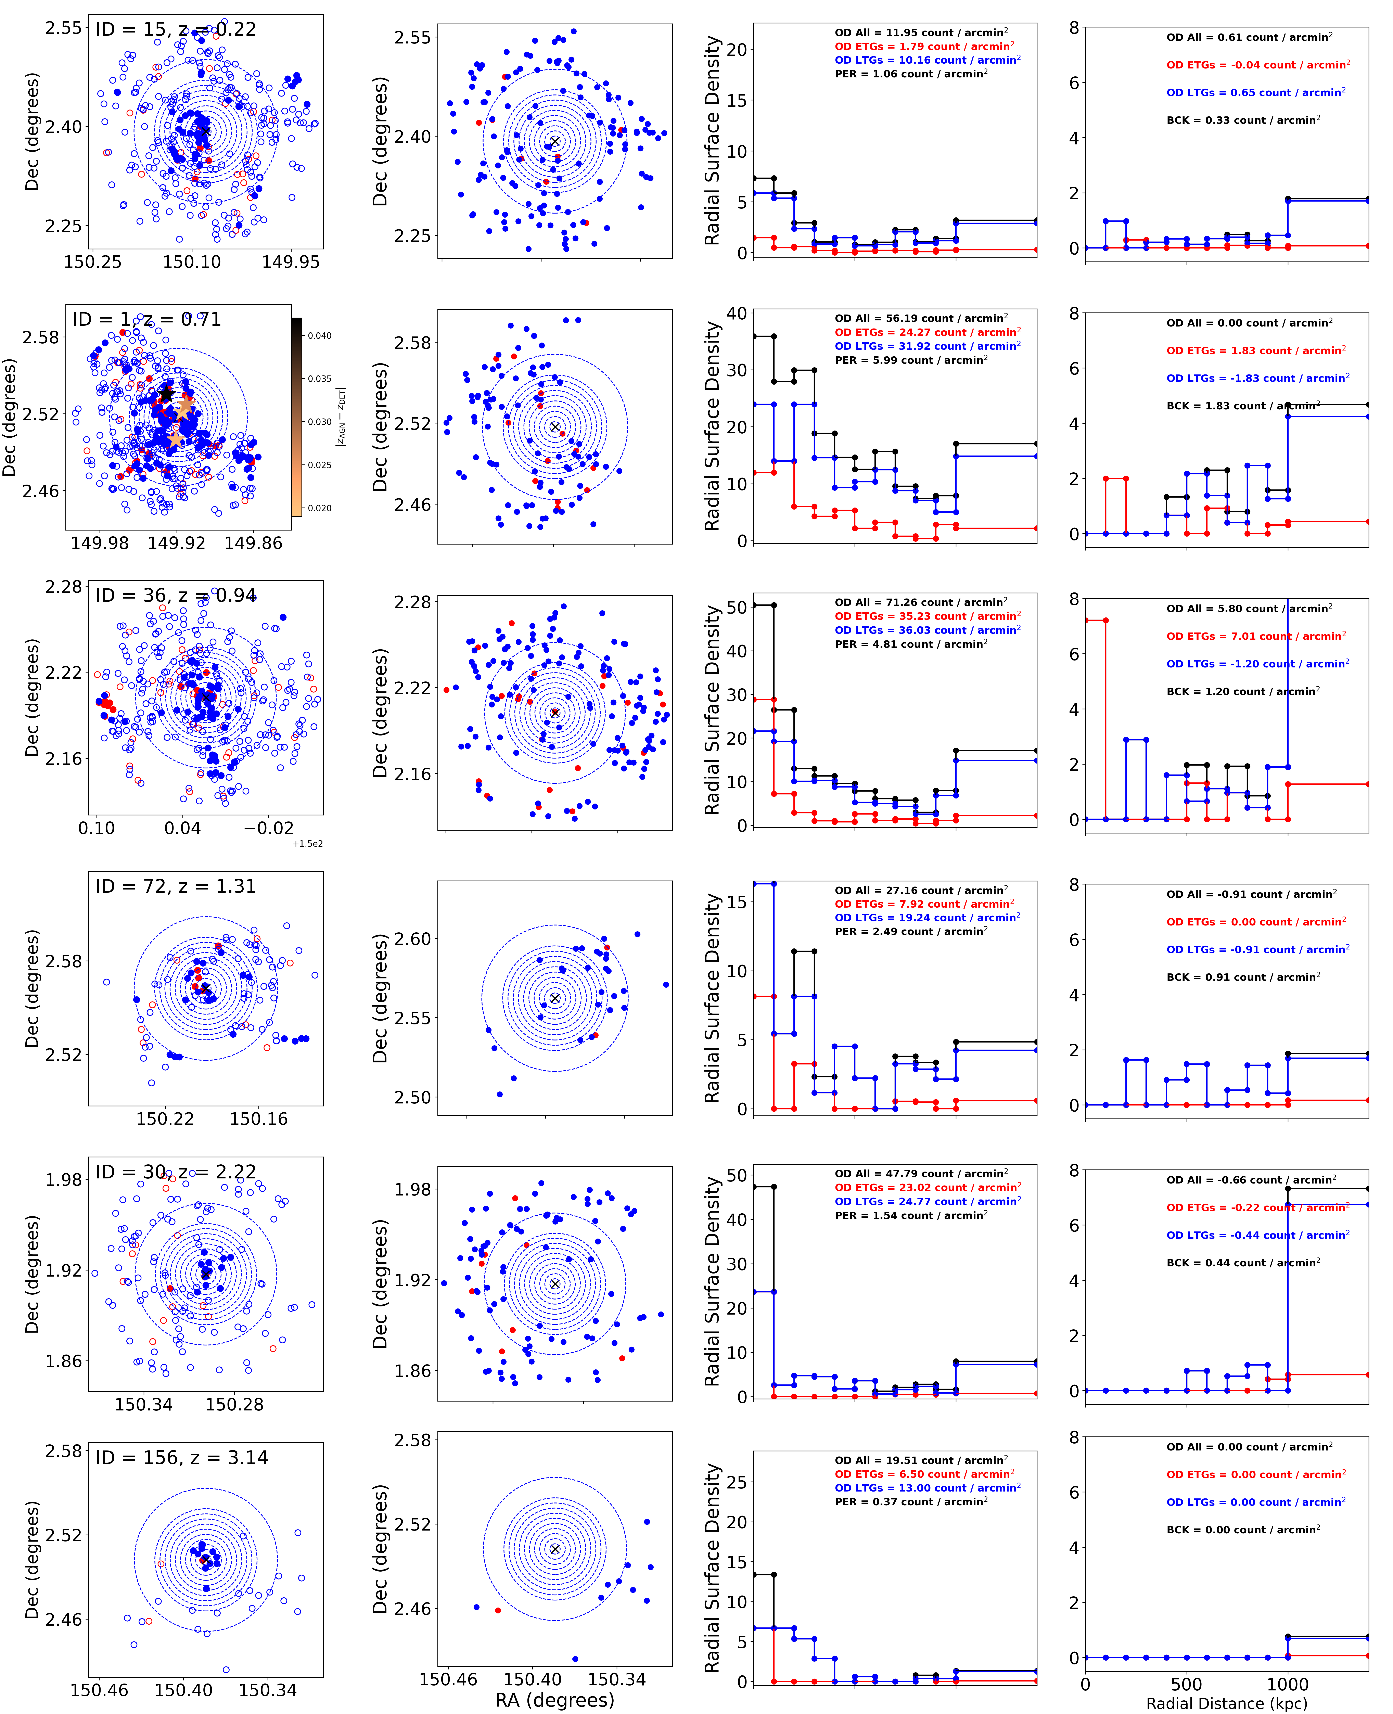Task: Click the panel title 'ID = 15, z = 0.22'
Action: [176, 30]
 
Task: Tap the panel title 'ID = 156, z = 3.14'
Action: [181, 1457]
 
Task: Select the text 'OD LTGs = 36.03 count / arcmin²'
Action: [927, 630]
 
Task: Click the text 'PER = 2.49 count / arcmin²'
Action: [911, 932]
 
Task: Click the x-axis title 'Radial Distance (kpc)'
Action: [1226, 1703]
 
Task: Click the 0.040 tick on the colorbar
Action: [319, 335]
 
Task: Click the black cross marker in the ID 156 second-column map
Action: [554, 1549]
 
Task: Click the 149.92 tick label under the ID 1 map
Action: [176, 543]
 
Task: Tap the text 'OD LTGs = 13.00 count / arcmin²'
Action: [927, 1488]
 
